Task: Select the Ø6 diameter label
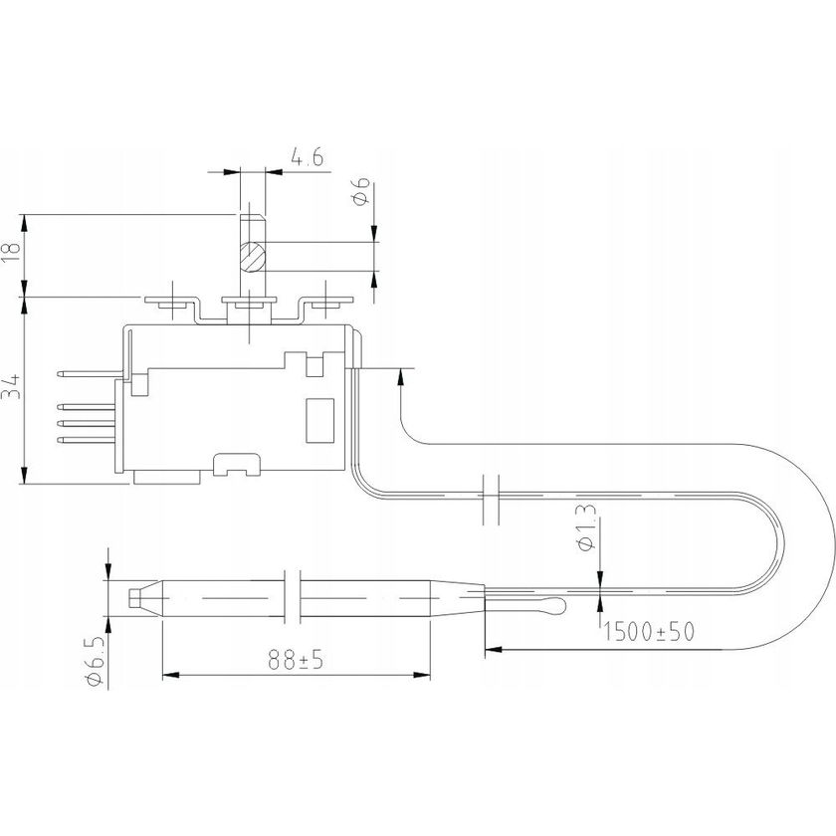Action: [x=361, y=192]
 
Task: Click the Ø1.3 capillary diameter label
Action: [x=586, y=527]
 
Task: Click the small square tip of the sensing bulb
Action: [x=135, y=597]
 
